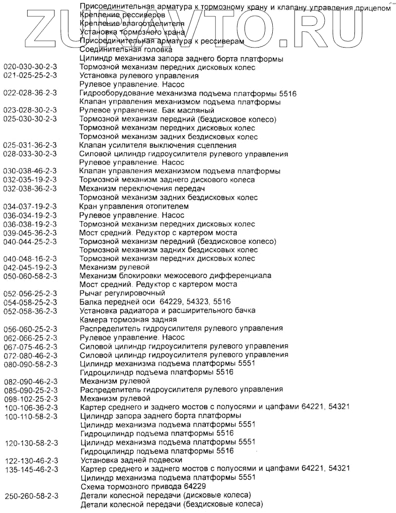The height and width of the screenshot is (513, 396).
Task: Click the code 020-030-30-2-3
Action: (x=30, y=67)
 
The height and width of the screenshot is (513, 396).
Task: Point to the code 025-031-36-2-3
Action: (x=30, y=145)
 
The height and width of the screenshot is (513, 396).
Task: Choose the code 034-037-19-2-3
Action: (x=30, y=206)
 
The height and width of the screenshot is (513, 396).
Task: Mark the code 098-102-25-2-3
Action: (x=30, y=399)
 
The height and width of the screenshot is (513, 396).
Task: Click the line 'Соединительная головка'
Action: (x=126, y=50)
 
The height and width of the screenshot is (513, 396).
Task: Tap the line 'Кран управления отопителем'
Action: (x=134, y=206)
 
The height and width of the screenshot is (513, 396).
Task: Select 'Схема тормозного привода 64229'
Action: (x=136, y=486)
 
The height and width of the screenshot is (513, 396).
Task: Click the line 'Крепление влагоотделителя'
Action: (x=132, y=24)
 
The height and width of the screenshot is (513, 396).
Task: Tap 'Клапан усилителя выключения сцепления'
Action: (x=158, y=145)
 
